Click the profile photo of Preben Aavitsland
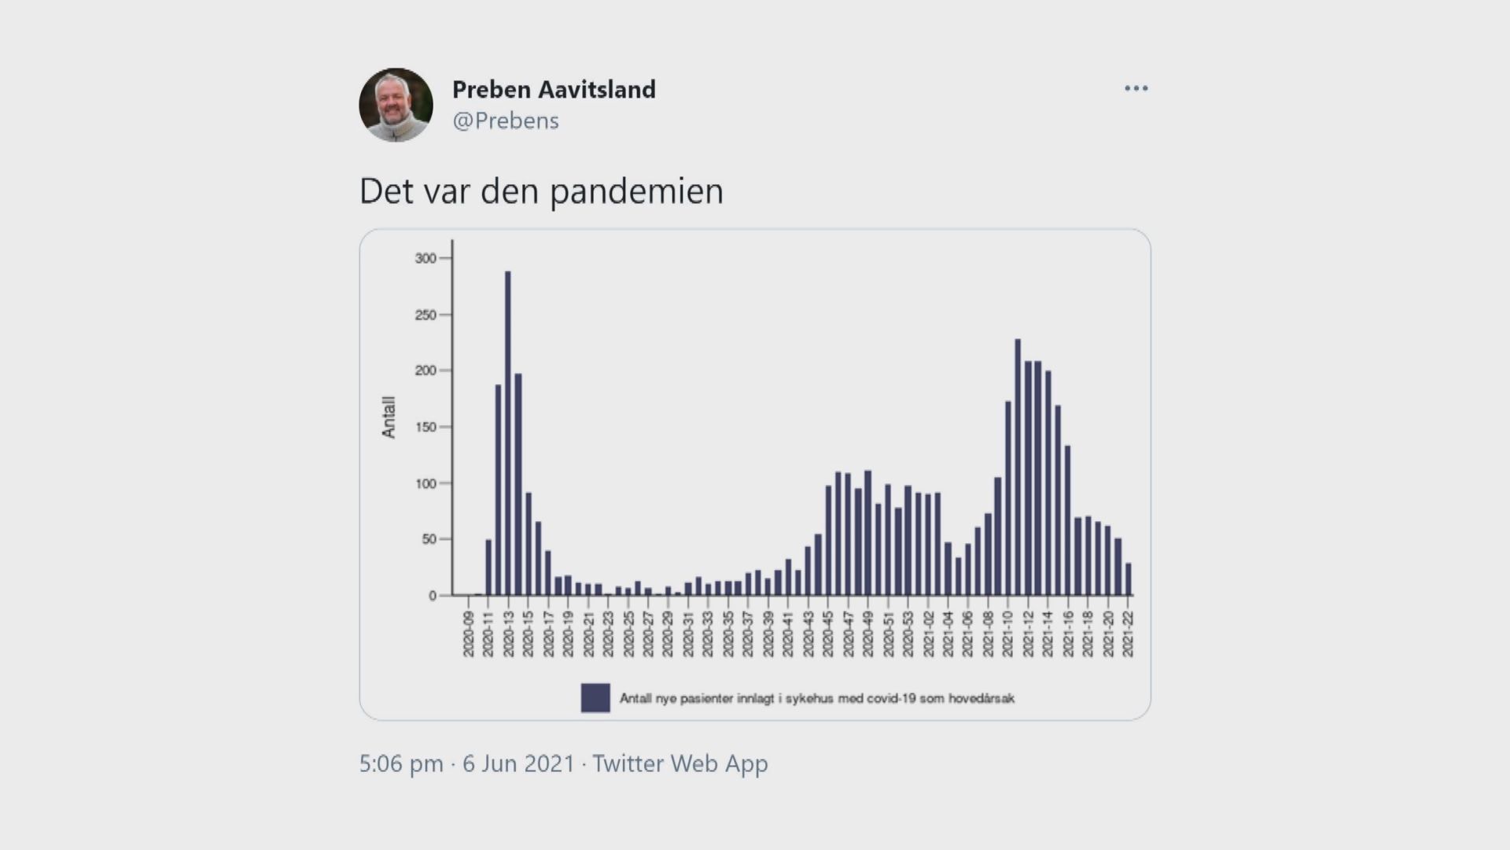tap(396, 105)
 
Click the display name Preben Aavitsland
tap(554, 90)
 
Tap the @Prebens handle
tap(506, 120)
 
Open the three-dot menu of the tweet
tap(1136, 88)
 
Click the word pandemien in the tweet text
tap(636, 191)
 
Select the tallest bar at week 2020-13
tap(508, 433)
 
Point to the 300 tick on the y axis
tap(425, 258)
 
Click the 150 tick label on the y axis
tap(425, 427)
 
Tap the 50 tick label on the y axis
tap(429, 539)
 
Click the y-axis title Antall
tap(389, 417)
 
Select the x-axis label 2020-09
tap(469, 634)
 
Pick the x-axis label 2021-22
tap(1128, 634)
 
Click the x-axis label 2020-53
tap(908, 634)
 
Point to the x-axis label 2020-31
tap(688, 634)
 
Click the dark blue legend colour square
tap(595, 698)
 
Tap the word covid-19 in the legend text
tap(891, 698)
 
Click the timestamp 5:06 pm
tap(401, 763)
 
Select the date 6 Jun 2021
tap(518, 763)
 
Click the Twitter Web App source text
tap(680, 763)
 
